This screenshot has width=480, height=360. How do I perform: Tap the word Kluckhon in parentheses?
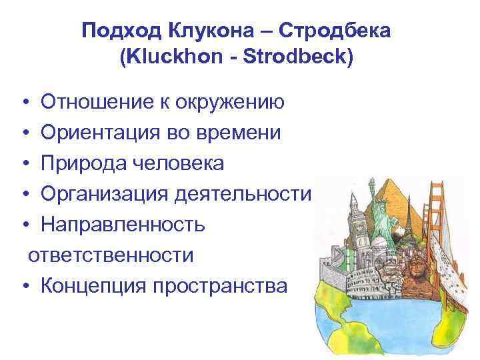click(x=164, y=57)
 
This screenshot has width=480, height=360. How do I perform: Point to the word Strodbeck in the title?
click(x=297, y=57)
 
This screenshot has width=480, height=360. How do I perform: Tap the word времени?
click(x=241, y=133)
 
